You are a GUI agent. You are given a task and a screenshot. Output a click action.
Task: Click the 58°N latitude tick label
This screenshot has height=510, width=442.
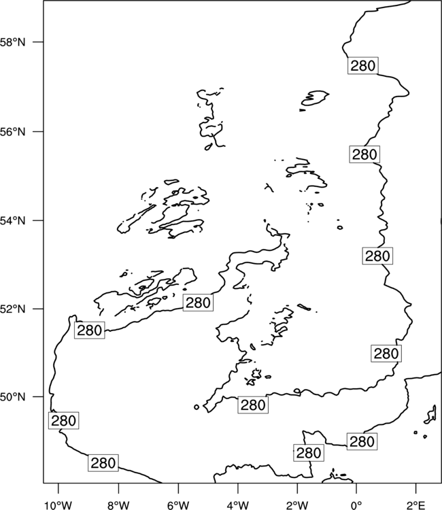pos(12,42)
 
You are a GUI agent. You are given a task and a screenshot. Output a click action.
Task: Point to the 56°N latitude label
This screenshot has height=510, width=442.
pos(12,132)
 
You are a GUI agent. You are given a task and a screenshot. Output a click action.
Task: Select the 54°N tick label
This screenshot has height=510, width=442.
pos(12,220)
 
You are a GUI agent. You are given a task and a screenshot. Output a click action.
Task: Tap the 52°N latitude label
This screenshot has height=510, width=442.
pos(12,309)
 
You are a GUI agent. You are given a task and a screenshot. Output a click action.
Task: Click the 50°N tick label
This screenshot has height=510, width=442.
pos(12,397)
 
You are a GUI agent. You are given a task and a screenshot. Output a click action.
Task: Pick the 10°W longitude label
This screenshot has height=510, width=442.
pos(58,505)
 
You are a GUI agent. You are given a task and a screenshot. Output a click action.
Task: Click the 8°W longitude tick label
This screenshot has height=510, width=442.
pos(118,505)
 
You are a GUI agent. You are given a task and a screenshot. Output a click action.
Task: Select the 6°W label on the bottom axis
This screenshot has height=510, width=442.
pos(178,505)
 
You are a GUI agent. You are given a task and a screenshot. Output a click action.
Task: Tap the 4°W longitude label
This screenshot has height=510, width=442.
pos(237,505)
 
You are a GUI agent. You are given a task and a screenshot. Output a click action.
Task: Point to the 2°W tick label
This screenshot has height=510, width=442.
pos(297,505)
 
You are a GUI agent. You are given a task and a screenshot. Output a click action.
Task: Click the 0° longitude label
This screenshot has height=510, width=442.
pos(356,505)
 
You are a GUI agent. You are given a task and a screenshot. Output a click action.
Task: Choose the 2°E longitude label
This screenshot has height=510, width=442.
pos(416,505)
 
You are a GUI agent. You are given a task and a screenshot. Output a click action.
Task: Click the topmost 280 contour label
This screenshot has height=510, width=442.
pos(363,66)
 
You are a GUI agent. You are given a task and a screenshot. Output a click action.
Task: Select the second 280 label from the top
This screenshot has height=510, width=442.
pos(364,154)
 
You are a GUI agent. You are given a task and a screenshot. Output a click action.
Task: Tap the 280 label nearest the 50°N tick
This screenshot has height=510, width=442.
pos(63,420)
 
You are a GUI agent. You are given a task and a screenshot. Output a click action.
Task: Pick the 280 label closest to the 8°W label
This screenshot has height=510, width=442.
pos(103,463)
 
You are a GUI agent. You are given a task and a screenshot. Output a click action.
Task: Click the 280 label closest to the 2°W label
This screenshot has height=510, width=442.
pos(309,453)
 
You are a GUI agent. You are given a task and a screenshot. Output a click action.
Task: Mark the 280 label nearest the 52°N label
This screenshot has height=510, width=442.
pos(90,330)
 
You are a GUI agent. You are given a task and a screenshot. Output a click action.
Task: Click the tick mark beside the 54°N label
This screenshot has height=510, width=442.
pos(39,220)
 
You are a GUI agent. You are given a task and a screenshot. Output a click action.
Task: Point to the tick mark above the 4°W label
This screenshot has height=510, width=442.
pos(238,488)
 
